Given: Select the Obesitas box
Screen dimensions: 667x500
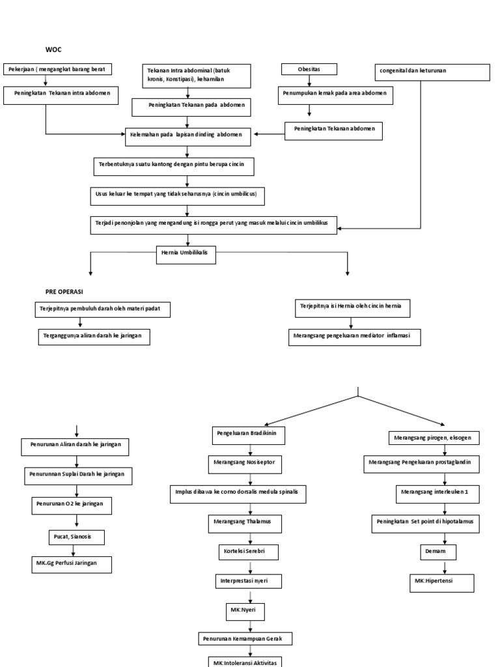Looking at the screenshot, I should [x=309, y=69].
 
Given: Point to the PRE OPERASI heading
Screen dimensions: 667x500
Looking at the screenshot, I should [x=64, y=292].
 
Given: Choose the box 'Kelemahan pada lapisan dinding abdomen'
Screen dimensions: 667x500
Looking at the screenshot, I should [x=187, y=135].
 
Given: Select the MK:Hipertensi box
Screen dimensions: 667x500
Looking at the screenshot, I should [x=441, y=582].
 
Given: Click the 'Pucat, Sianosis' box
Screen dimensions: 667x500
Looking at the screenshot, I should [x=77, y=538].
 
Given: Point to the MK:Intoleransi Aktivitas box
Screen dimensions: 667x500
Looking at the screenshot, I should [x=246, y=661].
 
